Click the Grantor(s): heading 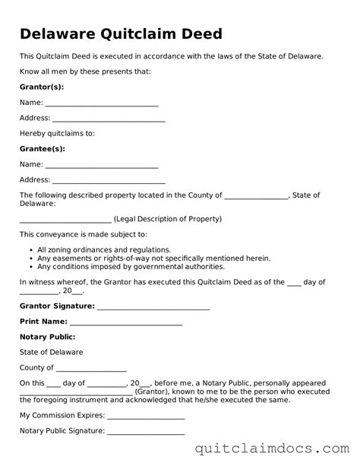pyautogui.click(x=41, y=87)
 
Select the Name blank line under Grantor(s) pyautogui.click(x=101, y=103)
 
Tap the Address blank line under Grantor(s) pyautogui.click(x=108, y=119)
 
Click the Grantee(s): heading pyautogui.click(x=42, y=148)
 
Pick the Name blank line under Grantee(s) pyautogui.click(x=101, y=165)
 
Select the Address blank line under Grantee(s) pyautogui.click(x=108, y=181)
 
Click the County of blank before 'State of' pyautogui.click(x=257, y=196)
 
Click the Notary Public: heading pyautogui.click(x=47, y=336)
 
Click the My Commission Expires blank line pyautogui.click(x=146, y=416)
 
